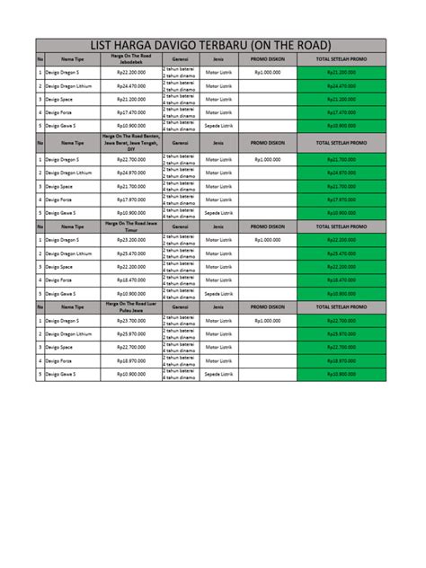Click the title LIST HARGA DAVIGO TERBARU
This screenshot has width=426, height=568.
(211, 46)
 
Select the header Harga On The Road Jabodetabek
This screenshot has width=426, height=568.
(131, 58)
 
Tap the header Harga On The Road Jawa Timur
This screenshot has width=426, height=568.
(131, 226)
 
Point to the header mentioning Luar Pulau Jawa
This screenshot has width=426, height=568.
(131, 306)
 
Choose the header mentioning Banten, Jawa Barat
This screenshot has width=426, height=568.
(131, 142)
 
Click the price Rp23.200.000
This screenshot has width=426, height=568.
(131, 240)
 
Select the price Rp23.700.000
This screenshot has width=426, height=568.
(131, 320)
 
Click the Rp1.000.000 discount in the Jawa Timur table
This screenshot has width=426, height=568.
(267, 240)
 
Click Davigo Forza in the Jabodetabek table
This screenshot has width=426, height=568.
(62, 112)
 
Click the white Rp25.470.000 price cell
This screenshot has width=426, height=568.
(131, 253)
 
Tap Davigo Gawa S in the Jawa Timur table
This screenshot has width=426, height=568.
(63, 294)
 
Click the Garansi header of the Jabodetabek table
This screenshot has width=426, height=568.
(179, 58)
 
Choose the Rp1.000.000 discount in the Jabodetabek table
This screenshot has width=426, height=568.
(267, 72)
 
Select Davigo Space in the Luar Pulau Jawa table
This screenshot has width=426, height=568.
(62, 347)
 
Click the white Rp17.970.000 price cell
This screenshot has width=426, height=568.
(131, 200)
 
